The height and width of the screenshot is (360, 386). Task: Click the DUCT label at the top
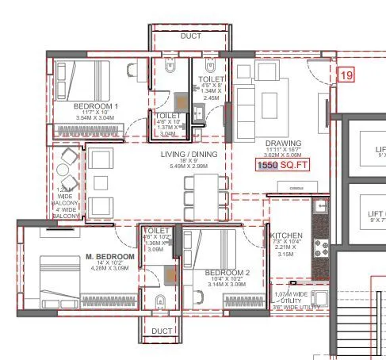pos(190,36)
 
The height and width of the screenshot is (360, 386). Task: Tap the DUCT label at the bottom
pos(162,331)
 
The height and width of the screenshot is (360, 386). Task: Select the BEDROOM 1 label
pos(95,105)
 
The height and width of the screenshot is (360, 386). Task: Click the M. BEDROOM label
pos(110,257)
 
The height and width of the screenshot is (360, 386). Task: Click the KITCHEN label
pos(286,236)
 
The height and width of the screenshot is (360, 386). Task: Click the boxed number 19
pos(346,75)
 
